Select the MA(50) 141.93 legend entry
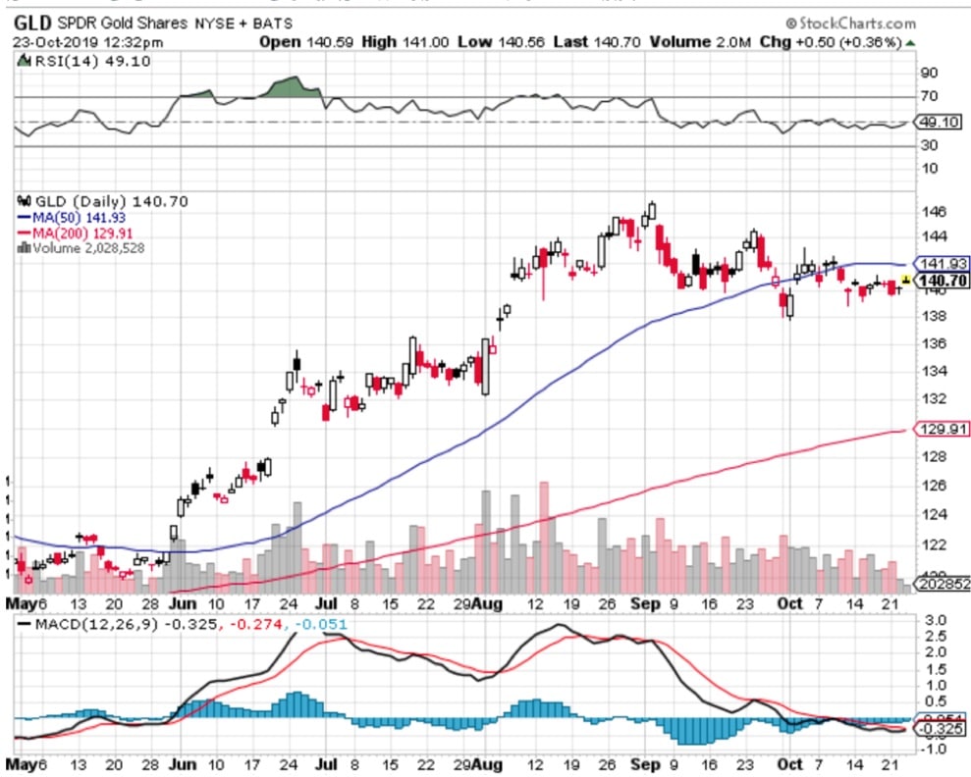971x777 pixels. pos(73,217)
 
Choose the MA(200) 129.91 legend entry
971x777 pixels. pos(77,233)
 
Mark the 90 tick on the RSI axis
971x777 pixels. pos(929,73)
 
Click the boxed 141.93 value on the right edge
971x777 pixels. pos(941,264)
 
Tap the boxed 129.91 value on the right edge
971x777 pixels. pos(941,429)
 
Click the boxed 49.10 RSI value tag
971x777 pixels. pos(941,123)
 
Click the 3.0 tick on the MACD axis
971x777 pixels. pos(934,621)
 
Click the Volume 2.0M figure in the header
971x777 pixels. pos(724,41)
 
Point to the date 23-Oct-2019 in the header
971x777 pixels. pos(61,41)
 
